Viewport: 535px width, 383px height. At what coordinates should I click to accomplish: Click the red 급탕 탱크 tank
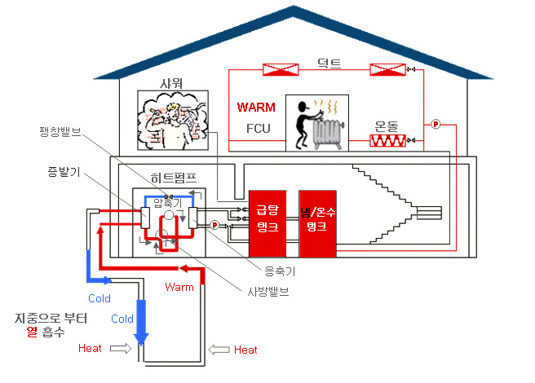point(268,222)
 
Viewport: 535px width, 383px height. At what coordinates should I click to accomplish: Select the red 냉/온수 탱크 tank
point(317,222)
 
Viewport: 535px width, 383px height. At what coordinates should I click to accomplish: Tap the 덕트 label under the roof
point(329,60)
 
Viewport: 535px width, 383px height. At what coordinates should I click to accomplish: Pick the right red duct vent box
point(387,70)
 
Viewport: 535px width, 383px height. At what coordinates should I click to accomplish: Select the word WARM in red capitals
point(257,108)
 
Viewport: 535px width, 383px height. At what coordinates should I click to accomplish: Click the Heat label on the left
point(91,348)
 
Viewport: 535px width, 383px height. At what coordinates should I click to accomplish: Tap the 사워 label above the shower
point(170,84)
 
